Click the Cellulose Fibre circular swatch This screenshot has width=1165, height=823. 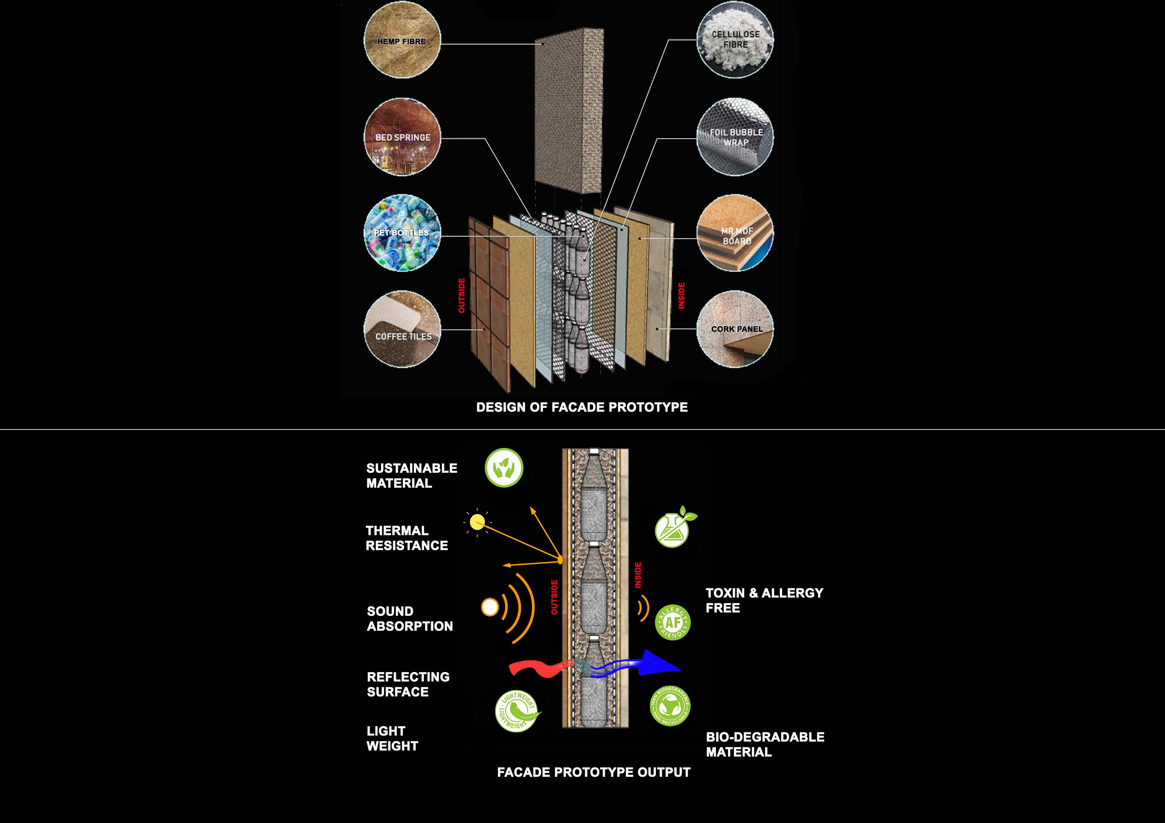[x=735, y=39]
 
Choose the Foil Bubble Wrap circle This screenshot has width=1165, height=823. [x=735, y=137]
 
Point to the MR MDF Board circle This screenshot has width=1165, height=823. [x=735, y=233]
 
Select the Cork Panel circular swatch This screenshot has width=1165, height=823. [x=735, y=329]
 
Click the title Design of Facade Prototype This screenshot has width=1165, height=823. [x=582, y=407]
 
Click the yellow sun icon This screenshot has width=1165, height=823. [x=477, y=522]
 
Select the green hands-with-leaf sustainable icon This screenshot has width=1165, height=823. [x=504, y=468]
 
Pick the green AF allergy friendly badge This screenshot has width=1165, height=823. [x=673, y=622]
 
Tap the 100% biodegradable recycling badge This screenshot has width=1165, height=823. [x=670, y=705]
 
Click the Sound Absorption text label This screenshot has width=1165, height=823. [x=409, y=619]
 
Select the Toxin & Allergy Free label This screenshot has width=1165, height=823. [x=764, y=600]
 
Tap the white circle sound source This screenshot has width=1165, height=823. [x=490, y=607]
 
